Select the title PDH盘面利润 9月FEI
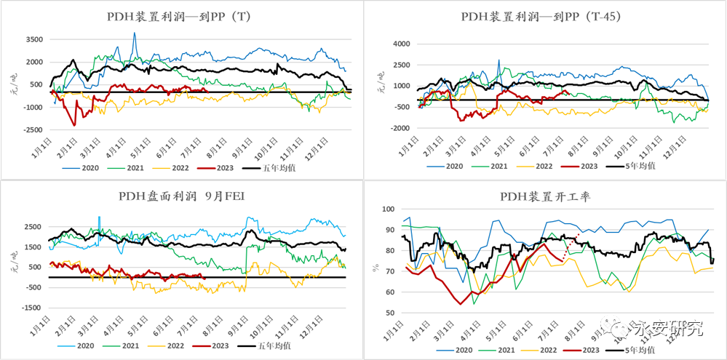tap(180, 196)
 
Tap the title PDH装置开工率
tap(543, 196)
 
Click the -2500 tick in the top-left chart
tap(31, 130)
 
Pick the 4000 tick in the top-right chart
tap(402, 44)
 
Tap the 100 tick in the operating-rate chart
tap(392, 209)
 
